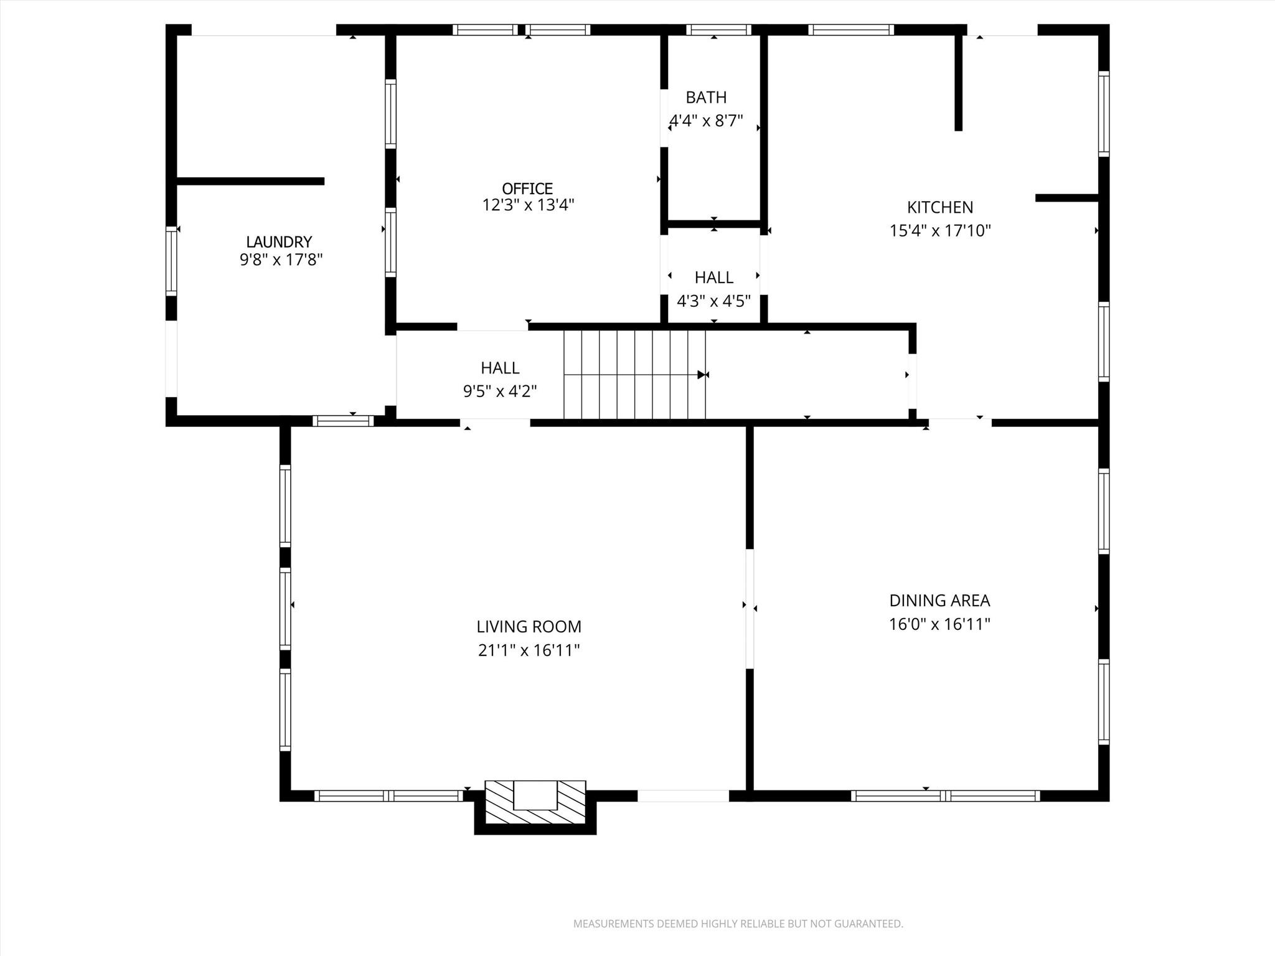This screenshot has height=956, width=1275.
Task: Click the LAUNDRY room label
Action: pos(278,241)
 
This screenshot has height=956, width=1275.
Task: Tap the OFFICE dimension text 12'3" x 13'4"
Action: pos(528,205)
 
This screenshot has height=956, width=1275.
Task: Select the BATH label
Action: pos(706,97)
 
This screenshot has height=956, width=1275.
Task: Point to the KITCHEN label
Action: pos(939,207)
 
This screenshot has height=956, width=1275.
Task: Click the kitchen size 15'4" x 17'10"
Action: pos(939,231)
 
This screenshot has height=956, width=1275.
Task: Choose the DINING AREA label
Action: pos(939,601)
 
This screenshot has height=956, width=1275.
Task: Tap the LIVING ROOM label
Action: pos(529,627)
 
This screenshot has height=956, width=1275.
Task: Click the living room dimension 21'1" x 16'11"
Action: pos(529,650)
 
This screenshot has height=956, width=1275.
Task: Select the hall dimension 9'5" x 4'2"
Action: pos(499,391)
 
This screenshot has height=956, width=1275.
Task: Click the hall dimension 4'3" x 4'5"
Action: pos(713,301)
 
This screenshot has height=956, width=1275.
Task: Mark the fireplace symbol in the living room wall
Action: pos(535,796)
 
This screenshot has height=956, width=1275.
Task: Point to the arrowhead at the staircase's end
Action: pos(702,375)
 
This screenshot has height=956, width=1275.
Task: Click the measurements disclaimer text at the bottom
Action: pos(738,924)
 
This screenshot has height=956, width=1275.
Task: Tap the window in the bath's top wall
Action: pos(718,30)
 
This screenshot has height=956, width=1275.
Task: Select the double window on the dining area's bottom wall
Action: pos(945,795)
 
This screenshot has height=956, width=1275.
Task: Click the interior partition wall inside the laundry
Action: pos(250,181)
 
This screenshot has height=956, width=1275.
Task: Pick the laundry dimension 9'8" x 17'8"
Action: pos(281,260)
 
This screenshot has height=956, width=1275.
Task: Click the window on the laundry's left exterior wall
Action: pos(171,261)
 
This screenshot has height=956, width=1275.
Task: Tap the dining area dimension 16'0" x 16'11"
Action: pos(939,624)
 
